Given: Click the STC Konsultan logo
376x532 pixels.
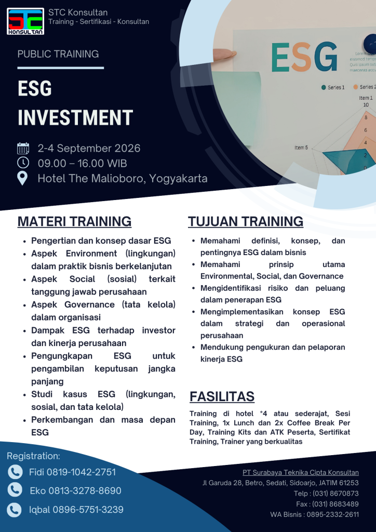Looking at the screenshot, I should click(x=25, y=21).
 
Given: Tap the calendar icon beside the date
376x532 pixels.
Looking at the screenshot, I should click(x=23, y=149).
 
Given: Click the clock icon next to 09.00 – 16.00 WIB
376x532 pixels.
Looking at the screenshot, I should click(x=23, y=163).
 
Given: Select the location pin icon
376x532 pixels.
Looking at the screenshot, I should click(x=23, y=178).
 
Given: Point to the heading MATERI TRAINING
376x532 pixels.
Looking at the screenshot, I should click(x=74, y=221).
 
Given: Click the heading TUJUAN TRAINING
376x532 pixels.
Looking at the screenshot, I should click(x=246, y=221).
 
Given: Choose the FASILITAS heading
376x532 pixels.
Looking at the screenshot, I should click(x=222, y=396).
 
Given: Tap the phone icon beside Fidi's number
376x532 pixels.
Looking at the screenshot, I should click(x=15, y=472).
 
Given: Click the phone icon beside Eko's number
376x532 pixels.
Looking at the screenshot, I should click(x=15, y=490).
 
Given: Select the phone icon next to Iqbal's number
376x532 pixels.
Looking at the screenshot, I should click(x=15, y=509).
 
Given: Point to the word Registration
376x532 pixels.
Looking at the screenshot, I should click(x=33, y=456).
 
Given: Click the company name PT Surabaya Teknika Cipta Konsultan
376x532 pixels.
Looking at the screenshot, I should click(x=301, y=473).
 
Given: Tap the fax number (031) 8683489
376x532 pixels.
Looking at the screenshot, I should click(x=335, y=504).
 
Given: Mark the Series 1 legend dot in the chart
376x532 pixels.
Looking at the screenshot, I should click(x=324, y=87).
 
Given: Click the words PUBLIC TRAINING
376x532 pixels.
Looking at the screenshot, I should click(x=58, y=54).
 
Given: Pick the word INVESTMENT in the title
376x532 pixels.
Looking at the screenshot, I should click(x=75, y=117).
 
